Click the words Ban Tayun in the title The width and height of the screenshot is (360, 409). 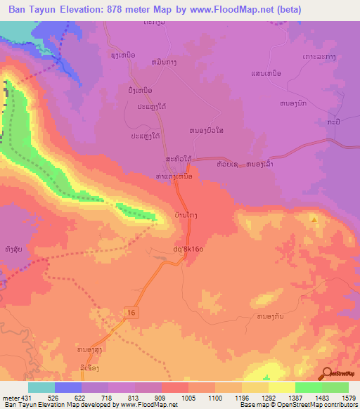(30, 10)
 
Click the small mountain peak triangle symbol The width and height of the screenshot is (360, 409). (314, 219)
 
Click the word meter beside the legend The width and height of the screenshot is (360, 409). (9, 397)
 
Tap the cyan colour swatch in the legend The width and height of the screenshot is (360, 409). (41, 387)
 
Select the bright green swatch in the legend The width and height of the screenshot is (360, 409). (308, 387)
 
